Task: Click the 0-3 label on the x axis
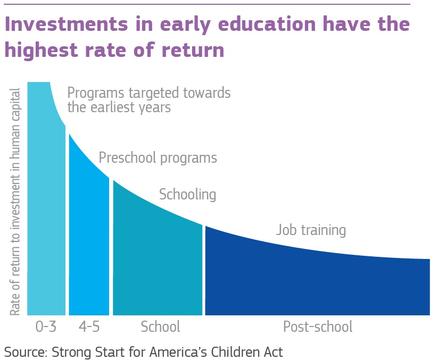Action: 46,326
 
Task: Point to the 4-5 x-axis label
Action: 89,326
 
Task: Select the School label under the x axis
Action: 160,326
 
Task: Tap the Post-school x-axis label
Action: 318,326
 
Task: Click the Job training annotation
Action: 311,230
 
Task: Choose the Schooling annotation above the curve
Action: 187,195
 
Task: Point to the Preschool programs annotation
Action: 158,158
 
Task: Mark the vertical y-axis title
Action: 15,202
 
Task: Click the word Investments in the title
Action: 67,24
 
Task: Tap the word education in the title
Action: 267,24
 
